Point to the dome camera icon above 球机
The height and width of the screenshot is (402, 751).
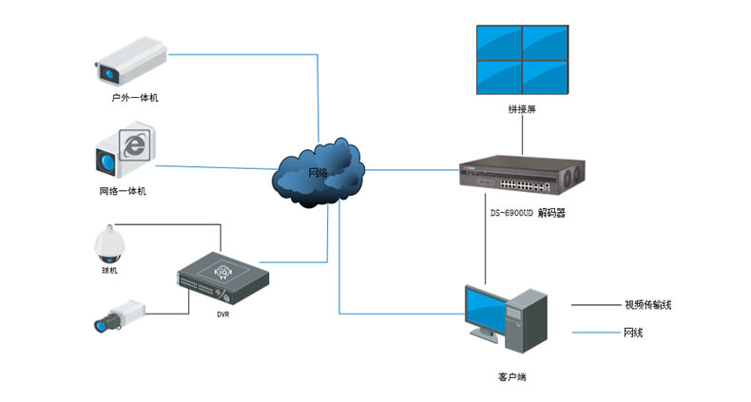coord(109,243)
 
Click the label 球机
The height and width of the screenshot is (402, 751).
coord(109,270)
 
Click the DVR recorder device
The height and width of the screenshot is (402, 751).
coord(222,274)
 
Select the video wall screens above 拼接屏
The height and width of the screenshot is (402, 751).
coord(521,57)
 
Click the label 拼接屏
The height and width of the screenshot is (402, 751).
coord(522,109)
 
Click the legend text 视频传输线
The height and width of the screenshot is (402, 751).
coord(654,305)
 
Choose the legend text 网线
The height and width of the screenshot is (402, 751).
coord(636,334)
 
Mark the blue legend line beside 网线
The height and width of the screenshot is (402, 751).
coord(592,334)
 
